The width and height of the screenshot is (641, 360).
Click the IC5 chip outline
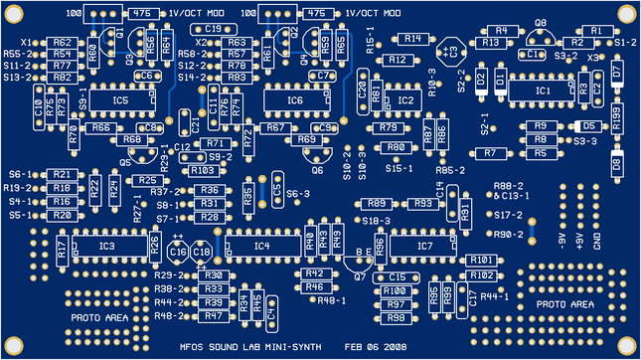(120, 100)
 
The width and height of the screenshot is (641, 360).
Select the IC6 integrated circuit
(295, 100)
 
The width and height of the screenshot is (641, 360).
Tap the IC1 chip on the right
(543, 90)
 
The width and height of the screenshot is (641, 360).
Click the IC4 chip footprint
(261, 245)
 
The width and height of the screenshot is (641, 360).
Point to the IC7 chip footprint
(425, 245)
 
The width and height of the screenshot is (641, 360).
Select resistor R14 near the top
(412, 39)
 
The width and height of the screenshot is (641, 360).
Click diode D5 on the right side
(588, 126)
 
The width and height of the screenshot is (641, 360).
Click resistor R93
(421, 203)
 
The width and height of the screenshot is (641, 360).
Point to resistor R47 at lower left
(211, 315)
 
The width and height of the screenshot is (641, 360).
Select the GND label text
(596, 241)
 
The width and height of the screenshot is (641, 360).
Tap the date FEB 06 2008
(375, 346)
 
